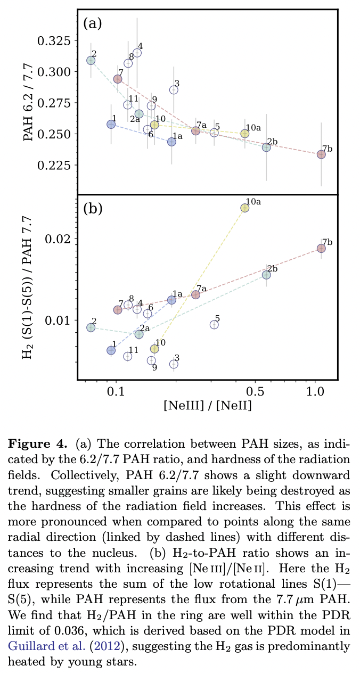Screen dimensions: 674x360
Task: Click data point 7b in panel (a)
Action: [321, 154]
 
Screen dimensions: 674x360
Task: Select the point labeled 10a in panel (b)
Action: [244, 208]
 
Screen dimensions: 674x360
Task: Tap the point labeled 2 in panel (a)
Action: [91, 60]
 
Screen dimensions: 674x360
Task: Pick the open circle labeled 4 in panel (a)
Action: [137, 53]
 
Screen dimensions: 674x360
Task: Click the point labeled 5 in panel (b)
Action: [214, 325]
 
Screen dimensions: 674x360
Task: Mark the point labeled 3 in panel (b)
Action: [174, 364]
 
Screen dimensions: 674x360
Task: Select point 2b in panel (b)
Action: [266, 275]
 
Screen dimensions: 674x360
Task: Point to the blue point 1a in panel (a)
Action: [171, 142]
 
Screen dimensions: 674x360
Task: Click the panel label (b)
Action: [93, 208]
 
